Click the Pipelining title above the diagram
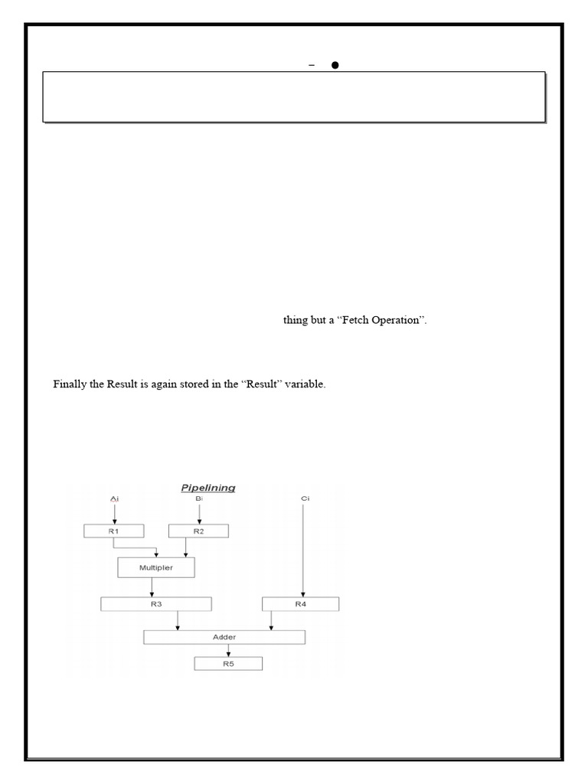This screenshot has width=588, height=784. click(x=207, y=487)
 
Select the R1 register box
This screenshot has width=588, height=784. click(x=114, y=531)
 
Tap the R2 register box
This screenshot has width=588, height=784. click(x=198, y=531)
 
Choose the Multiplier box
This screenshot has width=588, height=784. click(x=156, y=567)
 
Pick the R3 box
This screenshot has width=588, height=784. click(x=155, y=604)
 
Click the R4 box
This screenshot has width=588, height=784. click(x=301, y=604)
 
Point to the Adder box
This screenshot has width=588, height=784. click(x=224, y=637)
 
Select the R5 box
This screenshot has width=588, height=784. click(x=227, y=663)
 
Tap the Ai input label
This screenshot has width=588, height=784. click(x=114, y=498)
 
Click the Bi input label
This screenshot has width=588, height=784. click(x=199, y=498)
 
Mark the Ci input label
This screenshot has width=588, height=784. click(x=305, y=498)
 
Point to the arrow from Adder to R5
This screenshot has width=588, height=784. click(x=227, y=650)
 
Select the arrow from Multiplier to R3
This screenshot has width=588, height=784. click(x=152, y=586)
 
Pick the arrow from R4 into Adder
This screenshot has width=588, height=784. click(x=269, y=621)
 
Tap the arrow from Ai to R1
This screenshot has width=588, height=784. click(x=114, y=514)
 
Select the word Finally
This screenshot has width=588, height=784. click(x=70, y=384)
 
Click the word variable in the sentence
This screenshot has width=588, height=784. click(x=306, y=384)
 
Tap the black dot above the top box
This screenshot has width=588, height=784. click(x=335, y=66)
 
